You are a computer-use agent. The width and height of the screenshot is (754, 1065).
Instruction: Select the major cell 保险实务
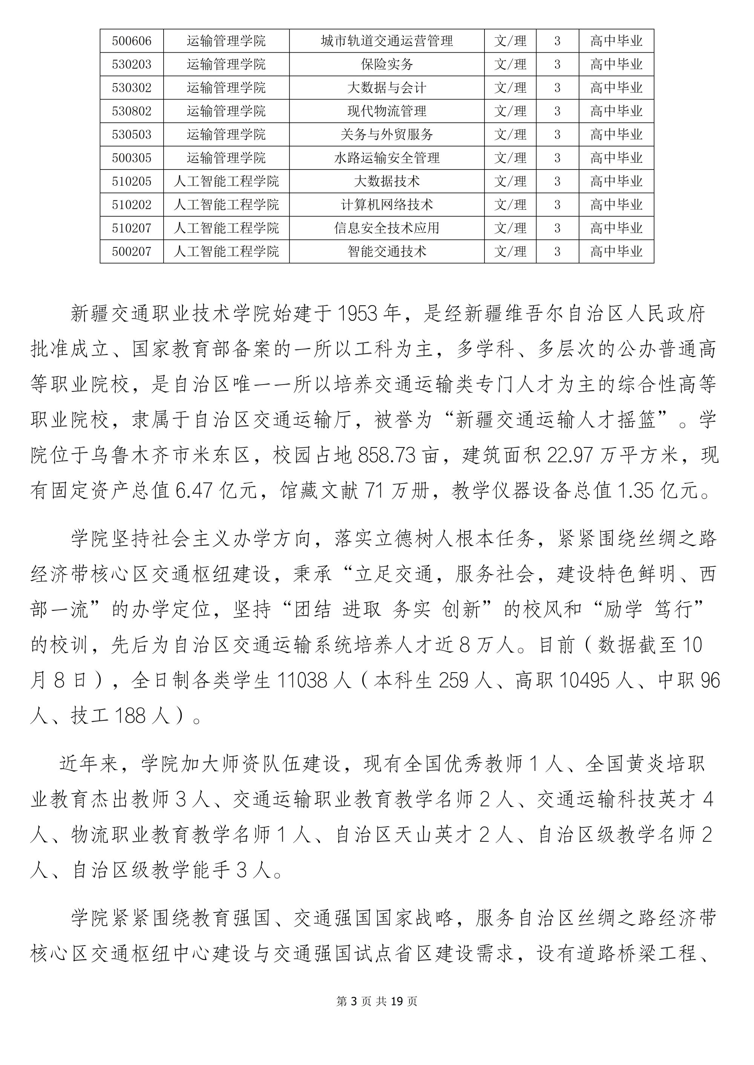point(387,64)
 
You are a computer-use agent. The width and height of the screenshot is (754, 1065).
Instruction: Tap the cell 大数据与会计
point(387,88)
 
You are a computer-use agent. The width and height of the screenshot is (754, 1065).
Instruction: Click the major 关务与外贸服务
point(387,135)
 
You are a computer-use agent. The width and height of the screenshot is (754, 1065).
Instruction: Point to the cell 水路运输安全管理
point(387,158)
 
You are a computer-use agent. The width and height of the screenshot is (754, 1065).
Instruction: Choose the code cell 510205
point(132,182)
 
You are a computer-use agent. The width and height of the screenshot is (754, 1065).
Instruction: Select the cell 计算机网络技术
point(387,205)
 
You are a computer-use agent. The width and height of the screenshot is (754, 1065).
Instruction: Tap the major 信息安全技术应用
point(387,228)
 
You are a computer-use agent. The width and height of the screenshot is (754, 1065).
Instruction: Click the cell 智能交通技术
point(387,252)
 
